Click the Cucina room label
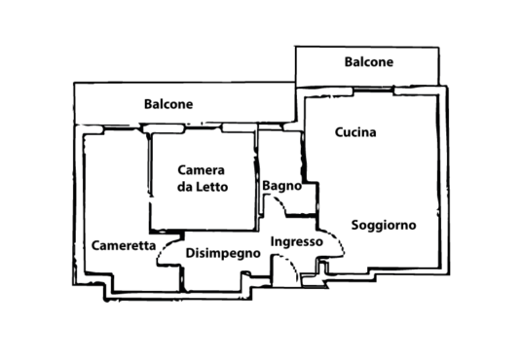tap(355, 132)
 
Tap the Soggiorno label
tap(384, 226)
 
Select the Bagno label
tap(282, 186)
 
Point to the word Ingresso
tap(297, 242)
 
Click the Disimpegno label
tap(223, 253)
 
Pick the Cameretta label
tap(124, 245)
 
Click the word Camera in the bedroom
tap(201, 170)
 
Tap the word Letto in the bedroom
tap(211, 187)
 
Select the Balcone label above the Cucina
tap(368, 62)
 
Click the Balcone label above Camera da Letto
tap(168, 104)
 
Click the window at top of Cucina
tap(374, 90)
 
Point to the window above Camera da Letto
tap(204, 126)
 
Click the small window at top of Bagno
tap(271, 126)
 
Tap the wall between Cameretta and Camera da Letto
tap(150, 180)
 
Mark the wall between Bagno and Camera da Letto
tap(257, 178)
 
